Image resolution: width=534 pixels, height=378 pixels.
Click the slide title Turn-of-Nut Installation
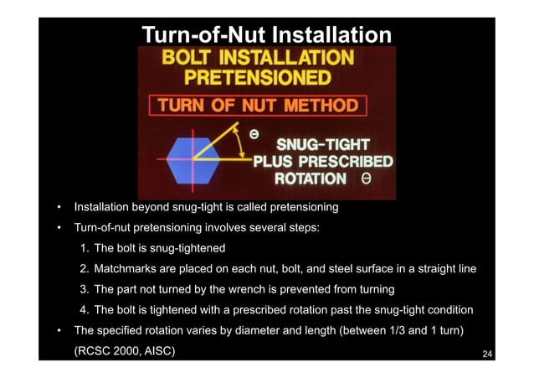click(266, 36)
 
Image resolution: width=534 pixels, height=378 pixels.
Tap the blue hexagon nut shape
click(193, 158)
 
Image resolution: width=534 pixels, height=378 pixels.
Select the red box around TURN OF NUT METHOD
click(259, 106)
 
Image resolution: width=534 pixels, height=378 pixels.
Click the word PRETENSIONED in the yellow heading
click(257, 79)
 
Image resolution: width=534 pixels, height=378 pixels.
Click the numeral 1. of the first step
click(85, 249)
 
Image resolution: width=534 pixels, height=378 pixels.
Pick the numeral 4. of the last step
click(85, 309)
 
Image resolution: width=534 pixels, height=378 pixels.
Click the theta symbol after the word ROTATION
click(367, 179)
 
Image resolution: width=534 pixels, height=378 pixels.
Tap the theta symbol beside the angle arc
click(254, 132)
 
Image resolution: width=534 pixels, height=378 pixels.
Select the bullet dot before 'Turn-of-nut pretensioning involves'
click(57, 229)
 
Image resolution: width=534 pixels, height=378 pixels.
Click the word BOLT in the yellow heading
click(190, 59)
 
